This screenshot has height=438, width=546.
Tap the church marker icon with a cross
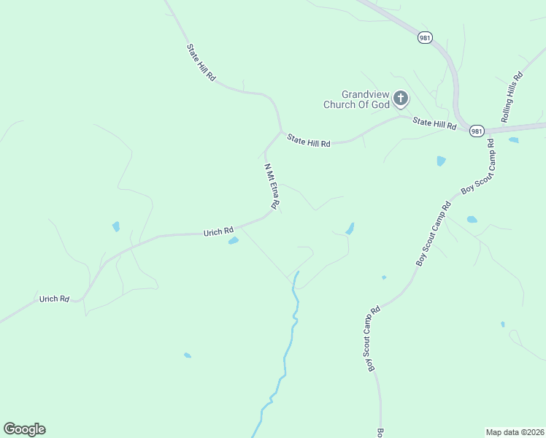400,98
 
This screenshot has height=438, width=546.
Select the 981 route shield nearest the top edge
423,36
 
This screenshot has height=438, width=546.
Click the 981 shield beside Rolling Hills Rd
477,131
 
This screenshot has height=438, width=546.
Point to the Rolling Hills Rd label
512,97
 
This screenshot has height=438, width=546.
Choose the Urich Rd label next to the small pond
218,232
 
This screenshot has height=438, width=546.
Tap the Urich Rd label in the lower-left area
54,299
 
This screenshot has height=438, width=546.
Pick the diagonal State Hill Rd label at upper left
201,62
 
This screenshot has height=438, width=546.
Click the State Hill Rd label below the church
309,139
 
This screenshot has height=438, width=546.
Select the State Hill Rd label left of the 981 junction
434,124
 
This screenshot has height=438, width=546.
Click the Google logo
24,429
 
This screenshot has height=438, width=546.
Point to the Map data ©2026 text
515,431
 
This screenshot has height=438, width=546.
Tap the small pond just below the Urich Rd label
234,240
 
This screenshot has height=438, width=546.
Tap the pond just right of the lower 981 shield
513,139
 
